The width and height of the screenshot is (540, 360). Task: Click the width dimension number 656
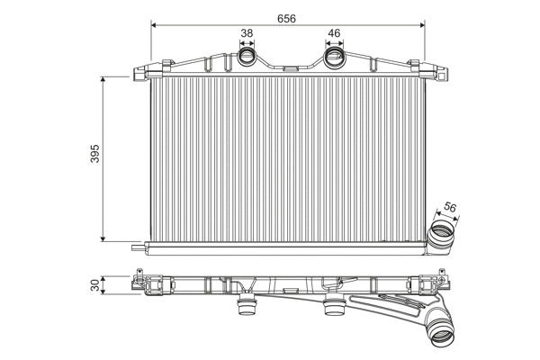(285, 18)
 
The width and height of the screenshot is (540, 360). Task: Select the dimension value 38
(247, 35)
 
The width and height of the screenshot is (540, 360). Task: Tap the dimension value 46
(334, 35)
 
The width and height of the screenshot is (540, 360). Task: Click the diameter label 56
(449, 208)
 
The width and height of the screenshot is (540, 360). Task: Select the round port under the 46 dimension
(334, 59)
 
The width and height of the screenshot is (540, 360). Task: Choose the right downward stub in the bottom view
(333, 310)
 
